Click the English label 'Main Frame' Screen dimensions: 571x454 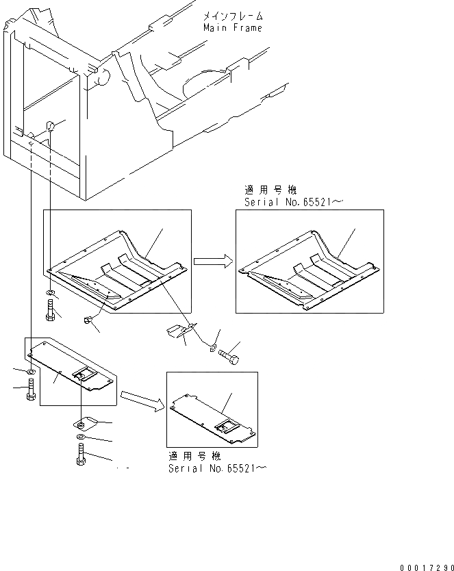[x=232, y=28]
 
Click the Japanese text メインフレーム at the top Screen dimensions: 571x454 [x=232, y=16]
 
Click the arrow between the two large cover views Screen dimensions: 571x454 [x=212, y=261]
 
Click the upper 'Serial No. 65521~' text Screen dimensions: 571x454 [x=295, y=203]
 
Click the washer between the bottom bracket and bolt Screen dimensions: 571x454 [x=81, y=437]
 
